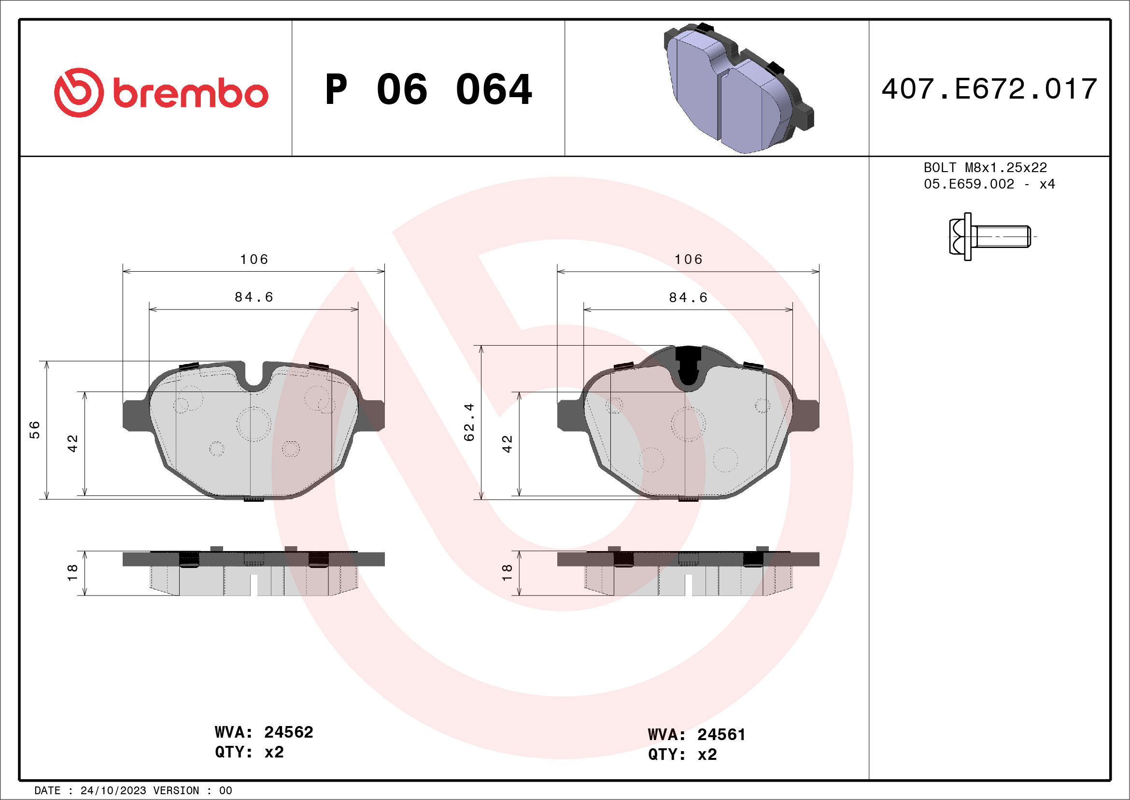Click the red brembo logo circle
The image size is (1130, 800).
tap(79, 93)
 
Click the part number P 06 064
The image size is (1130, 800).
tap(428, 89)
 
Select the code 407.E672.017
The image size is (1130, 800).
tap(989, 89)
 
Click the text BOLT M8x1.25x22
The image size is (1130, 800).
tap(985, 167)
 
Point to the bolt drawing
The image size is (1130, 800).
tap(989, 236)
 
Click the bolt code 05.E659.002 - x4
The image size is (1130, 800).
tap(989, 184)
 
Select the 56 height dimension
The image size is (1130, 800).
tap(35, 430)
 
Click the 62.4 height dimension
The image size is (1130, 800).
tap(469, 422)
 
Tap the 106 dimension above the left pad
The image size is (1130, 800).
tap(254, 259)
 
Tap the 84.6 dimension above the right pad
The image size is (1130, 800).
tap(688, 298)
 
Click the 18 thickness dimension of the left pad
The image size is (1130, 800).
tap(72, 572)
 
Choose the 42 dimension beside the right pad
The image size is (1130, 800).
tap(507, 444)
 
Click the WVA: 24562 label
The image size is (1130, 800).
tap(264, 732)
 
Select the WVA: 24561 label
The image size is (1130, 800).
tap(696, 734)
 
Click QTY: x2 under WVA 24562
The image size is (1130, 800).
tap(250, 752)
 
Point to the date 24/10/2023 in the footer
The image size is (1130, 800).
tap(113, 791)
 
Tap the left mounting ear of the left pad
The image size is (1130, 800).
tap(134, 415)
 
